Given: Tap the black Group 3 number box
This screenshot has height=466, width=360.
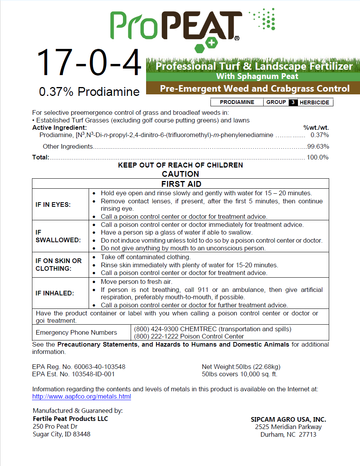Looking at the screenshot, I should (x=293, y=102).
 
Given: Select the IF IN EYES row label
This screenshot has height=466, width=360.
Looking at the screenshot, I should (x=53, y=205).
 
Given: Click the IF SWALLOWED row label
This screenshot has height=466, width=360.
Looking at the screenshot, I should (x=58, y=236).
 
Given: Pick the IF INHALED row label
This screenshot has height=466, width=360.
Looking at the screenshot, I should (x=54, y=293).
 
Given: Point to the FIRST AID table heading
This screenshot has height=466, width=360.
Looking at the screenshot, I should (x=181, y=184).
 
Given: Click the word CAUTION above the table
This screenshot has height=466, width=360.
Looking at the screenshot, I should (x=180, y=174).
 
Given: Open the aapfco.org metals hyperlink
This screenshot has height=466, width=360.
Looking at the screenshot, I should (x=81, y=397).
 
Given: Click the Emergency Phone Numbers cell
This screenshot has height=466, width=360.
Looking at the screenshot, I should (x=76, y=332).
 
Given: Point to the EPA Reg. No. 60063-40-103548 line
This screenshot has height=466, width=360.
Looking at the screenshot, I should (x=79, y=367).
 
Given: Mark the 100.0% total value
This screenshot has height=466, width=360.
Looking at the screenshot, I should (x=318, y=157).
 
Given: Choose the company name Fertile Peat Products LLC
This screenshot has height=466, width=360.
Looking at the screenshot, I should (x=71, y=419).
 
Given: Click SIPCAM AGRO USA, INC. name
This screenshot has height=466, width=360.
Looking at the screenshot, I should (x=288, y=419).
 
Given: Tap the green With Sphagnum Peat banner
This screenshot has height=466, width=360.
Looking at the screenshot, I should (x=257, y=77).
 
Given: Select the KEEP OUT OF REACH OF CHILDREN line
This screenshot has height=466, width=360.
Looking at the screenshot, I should (x=180, y=165).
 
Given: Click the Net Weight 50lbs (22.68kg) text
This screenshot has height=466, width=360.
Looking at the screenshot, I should (x=241, y=367).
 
